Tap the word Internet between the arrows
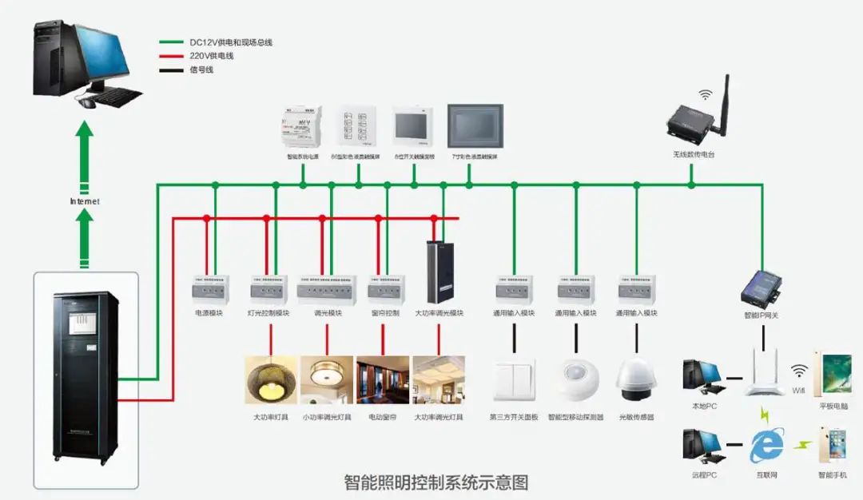tap(85, 201)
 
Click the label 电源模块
tap(209, 313)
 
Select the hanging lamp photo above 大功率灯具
tap(271, 379)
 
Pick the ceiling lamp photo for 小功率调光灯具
tap(327, 379)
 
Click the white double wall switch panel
tap(514, 381)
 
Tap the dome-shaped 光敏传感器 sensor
tap(636, 379)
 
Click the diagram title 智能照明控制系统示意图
tap(435, 482)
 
